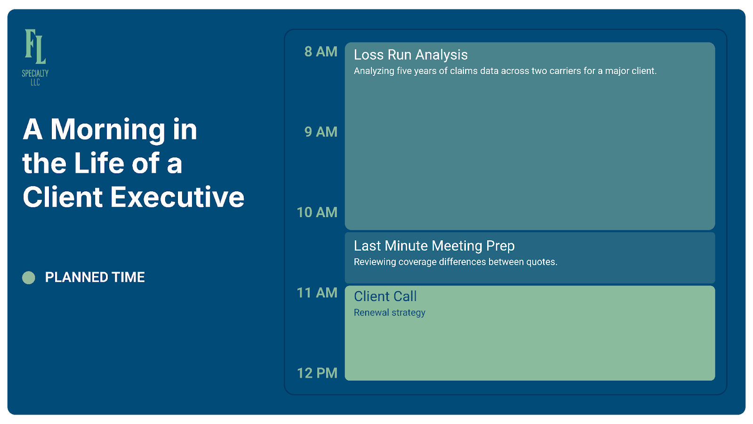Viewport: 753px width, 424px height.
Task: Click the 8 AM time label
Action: pos(320,52)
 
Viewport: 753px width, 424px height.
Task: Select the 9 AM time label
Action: pos(320,132)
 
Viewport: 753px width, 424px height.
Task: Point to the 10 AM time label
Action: pos(317,212)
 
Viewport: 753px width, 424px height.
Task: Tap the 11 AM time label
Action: pos(317,293)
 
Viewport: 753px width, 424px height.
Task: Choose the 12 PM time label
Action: pos(317,373)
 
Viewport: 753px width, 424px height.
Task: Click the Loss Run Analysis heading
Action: pos(410,55)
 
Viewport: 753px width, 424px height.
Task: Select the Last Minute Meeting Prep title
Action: pos(434,246)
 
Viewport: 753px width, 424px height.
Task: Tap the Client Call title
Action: pos(385,296)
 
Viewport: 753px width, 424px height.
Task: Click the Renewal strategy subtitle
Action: pos(389,313)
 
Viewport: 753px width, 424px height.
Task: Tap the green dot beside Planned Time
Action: pos(29,277)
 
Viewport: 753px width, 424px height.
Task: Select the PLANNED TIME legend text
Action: pos(95,277)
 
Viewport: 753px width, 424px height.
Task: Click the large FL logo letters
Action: pos(35,47)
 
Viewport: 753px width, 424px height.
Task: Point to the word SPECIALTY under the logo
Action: pos(35,73)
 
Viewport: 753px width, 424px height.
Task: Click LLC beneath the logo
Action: pos(35,82)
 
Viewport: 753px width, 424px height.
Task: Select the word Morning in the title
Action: pos(108,130)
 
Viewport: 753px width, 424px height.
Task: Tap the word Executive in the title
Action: pos(177,197)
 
